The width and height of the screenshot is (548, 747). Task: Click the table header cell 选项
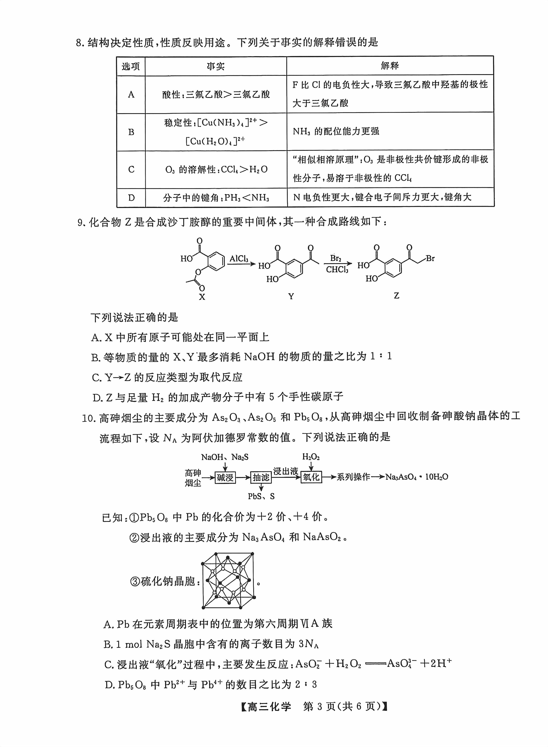131,66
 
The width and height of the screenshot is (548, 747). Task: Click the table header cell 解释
390,66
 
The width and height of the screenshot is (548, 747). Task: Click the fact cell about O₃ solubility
216,170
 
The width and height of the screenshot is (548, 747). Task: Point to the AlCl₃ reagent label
239,258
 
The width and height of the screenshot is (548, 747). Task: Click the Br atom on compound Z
430,258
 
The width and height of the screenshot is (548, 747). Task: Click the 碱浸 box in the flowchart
225,477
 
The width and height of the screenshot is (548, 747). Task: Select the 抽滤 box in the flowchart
261,477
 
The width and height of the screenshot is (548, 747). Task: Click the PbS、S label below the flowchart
261,496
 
